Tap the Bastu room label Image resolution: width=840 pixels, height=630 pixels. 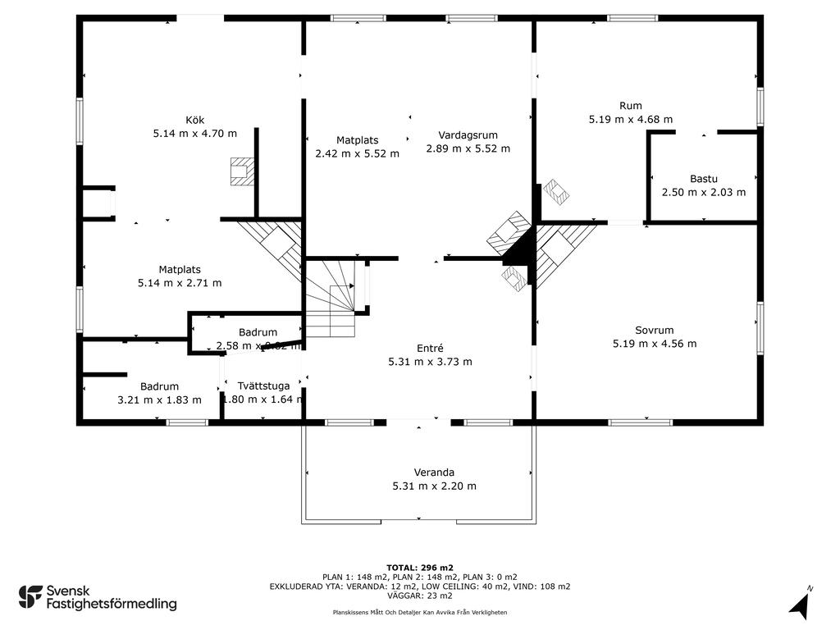(703, 178)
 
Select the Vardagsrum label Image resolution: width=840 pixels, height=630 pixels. (468, 135)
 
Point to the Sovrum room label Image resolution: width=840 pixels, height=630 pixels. (654, 331)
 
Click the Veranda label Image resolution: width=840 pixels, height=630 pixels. (434, 472)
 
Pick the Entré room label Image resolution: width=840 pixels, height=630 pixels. (429, 348)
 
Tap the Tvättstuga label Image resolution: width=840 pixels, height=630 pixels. (263, 386)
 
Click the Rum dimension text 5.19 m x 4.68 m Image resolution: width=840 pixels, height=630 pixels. (630, 119)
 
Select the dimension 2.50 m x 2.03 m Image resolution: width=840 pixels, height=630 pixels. (703, 192)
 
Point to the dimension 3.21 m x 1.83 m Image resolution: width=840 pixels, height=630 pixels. (159, 400)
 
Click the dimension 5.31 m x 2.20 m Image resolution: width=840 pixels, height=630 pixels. (434, 486)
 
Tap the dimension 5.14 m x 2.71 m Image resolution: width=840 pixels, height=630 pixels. (180, 283)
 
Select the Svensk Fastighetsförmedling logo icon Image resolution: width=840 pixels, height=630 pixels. (30, 596)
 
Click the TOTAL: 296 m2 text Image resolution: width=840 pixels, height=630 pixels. (419, 567)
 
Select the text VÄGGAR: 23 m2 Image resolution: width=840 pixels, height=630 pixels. (419, 596)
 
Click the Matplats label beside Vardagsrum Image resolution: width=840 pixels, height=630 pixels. (357, 139)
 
